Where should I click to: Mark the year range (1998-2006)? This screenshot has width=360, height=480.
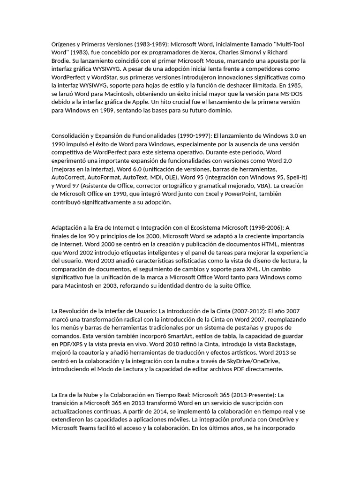268,227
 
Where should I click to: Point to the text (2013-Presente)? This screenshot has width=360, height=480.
256,394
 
